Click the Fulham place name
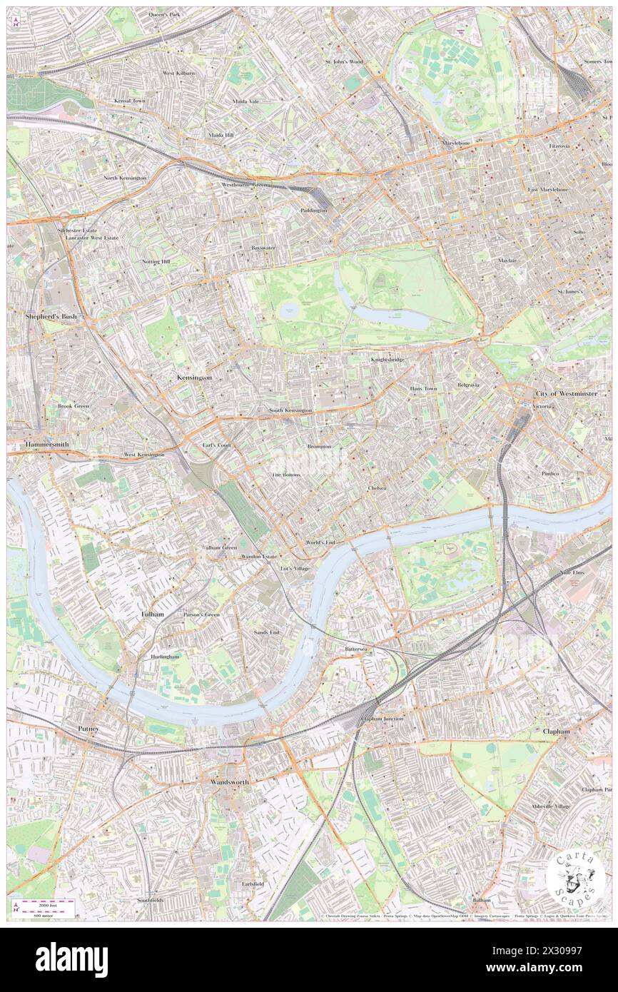pos(152,614)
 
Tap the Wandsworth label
pos(230,782)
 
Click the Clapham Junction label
pos(383,719)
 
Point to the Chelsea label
pos(377,488)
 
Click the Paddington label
pos(313,211)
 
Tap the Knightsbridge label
pos(387,359)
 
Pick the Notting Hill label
pos(156,262)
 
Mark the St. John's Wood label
pos(344,62)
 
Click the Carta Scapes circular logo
pos(575,878)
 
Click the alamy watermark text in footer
pos(71,960)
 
